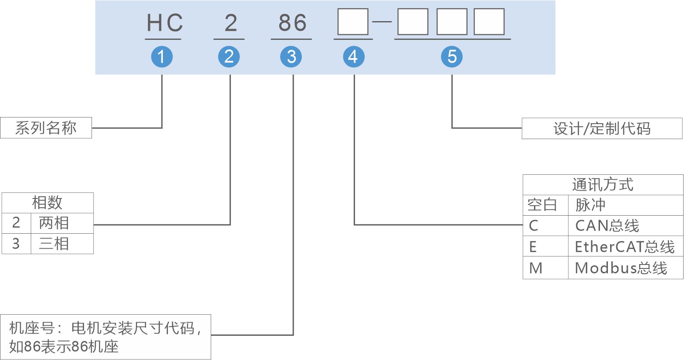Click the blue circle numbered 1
[162, 57]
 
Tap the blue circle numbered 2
[229, 57]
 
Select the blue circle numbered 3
[291, 57]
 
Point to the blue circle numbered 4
[354, 57]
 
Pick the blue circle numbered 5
[452, 57]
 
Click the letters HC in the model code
[165, 23]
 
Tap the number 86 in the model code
[292, 23]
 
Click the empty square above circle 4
[353, 22]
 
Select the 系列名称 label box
[46, 128]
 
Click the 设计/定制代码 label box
[602, 129]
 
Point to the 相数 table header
[48, 203]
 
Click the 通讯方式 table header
[603, 185]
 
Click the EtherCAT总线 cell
[625, 247]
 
